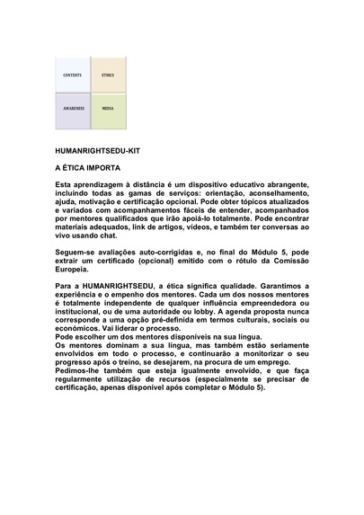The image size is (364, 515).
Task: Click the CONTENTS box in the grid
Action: pos(73,75)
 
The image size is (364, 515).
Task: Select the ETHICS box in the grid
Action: pos(108,75)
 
